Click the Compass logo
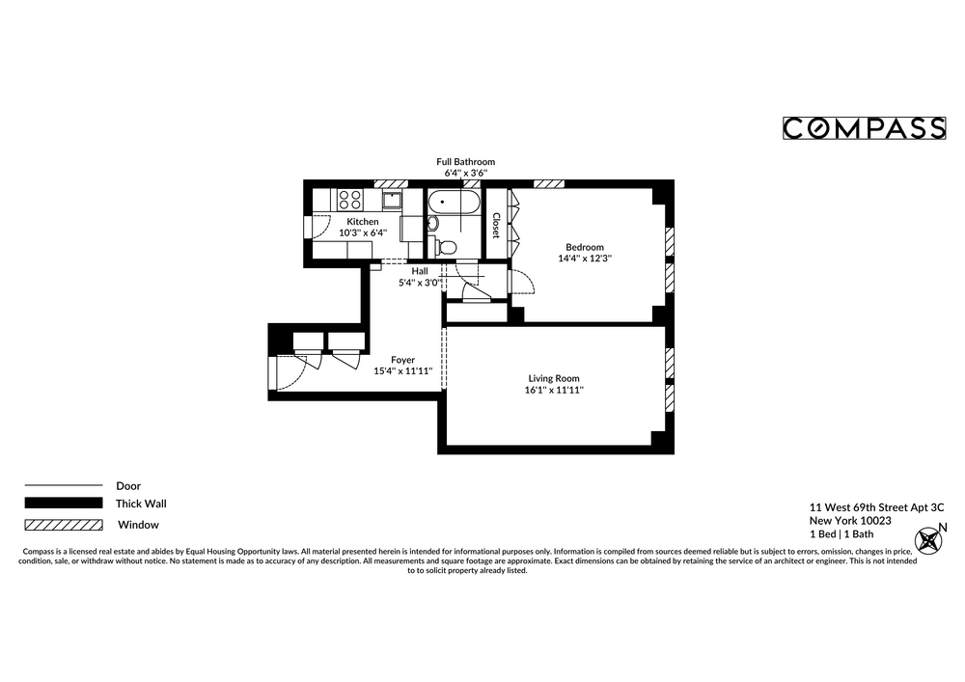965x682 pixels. tap(863, 128)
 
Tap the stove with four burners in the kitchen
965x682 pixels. tap(349, 200)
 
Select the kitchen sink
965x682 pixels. tap(392, 200)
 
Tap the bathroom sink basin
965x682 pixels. tap(432, 224)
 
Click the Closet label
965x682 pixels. tap(496, 225)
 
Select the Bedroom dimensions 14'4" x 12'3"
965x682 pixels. tap(585, 259)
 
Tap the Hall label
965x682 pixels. tap(419, 271)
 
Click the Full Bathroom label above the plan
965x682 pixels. tap(465, 162)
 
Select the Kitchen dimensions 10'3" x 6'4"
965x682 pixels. tap(362, 232)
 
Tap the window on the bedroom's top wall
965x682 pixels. tap(549, 183)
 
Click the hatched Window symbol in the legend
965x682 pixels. tap(63, 525)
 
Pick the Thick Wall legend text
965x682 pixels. tap(141, 504)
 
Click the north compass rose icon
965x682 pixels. tap(930, 539)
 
